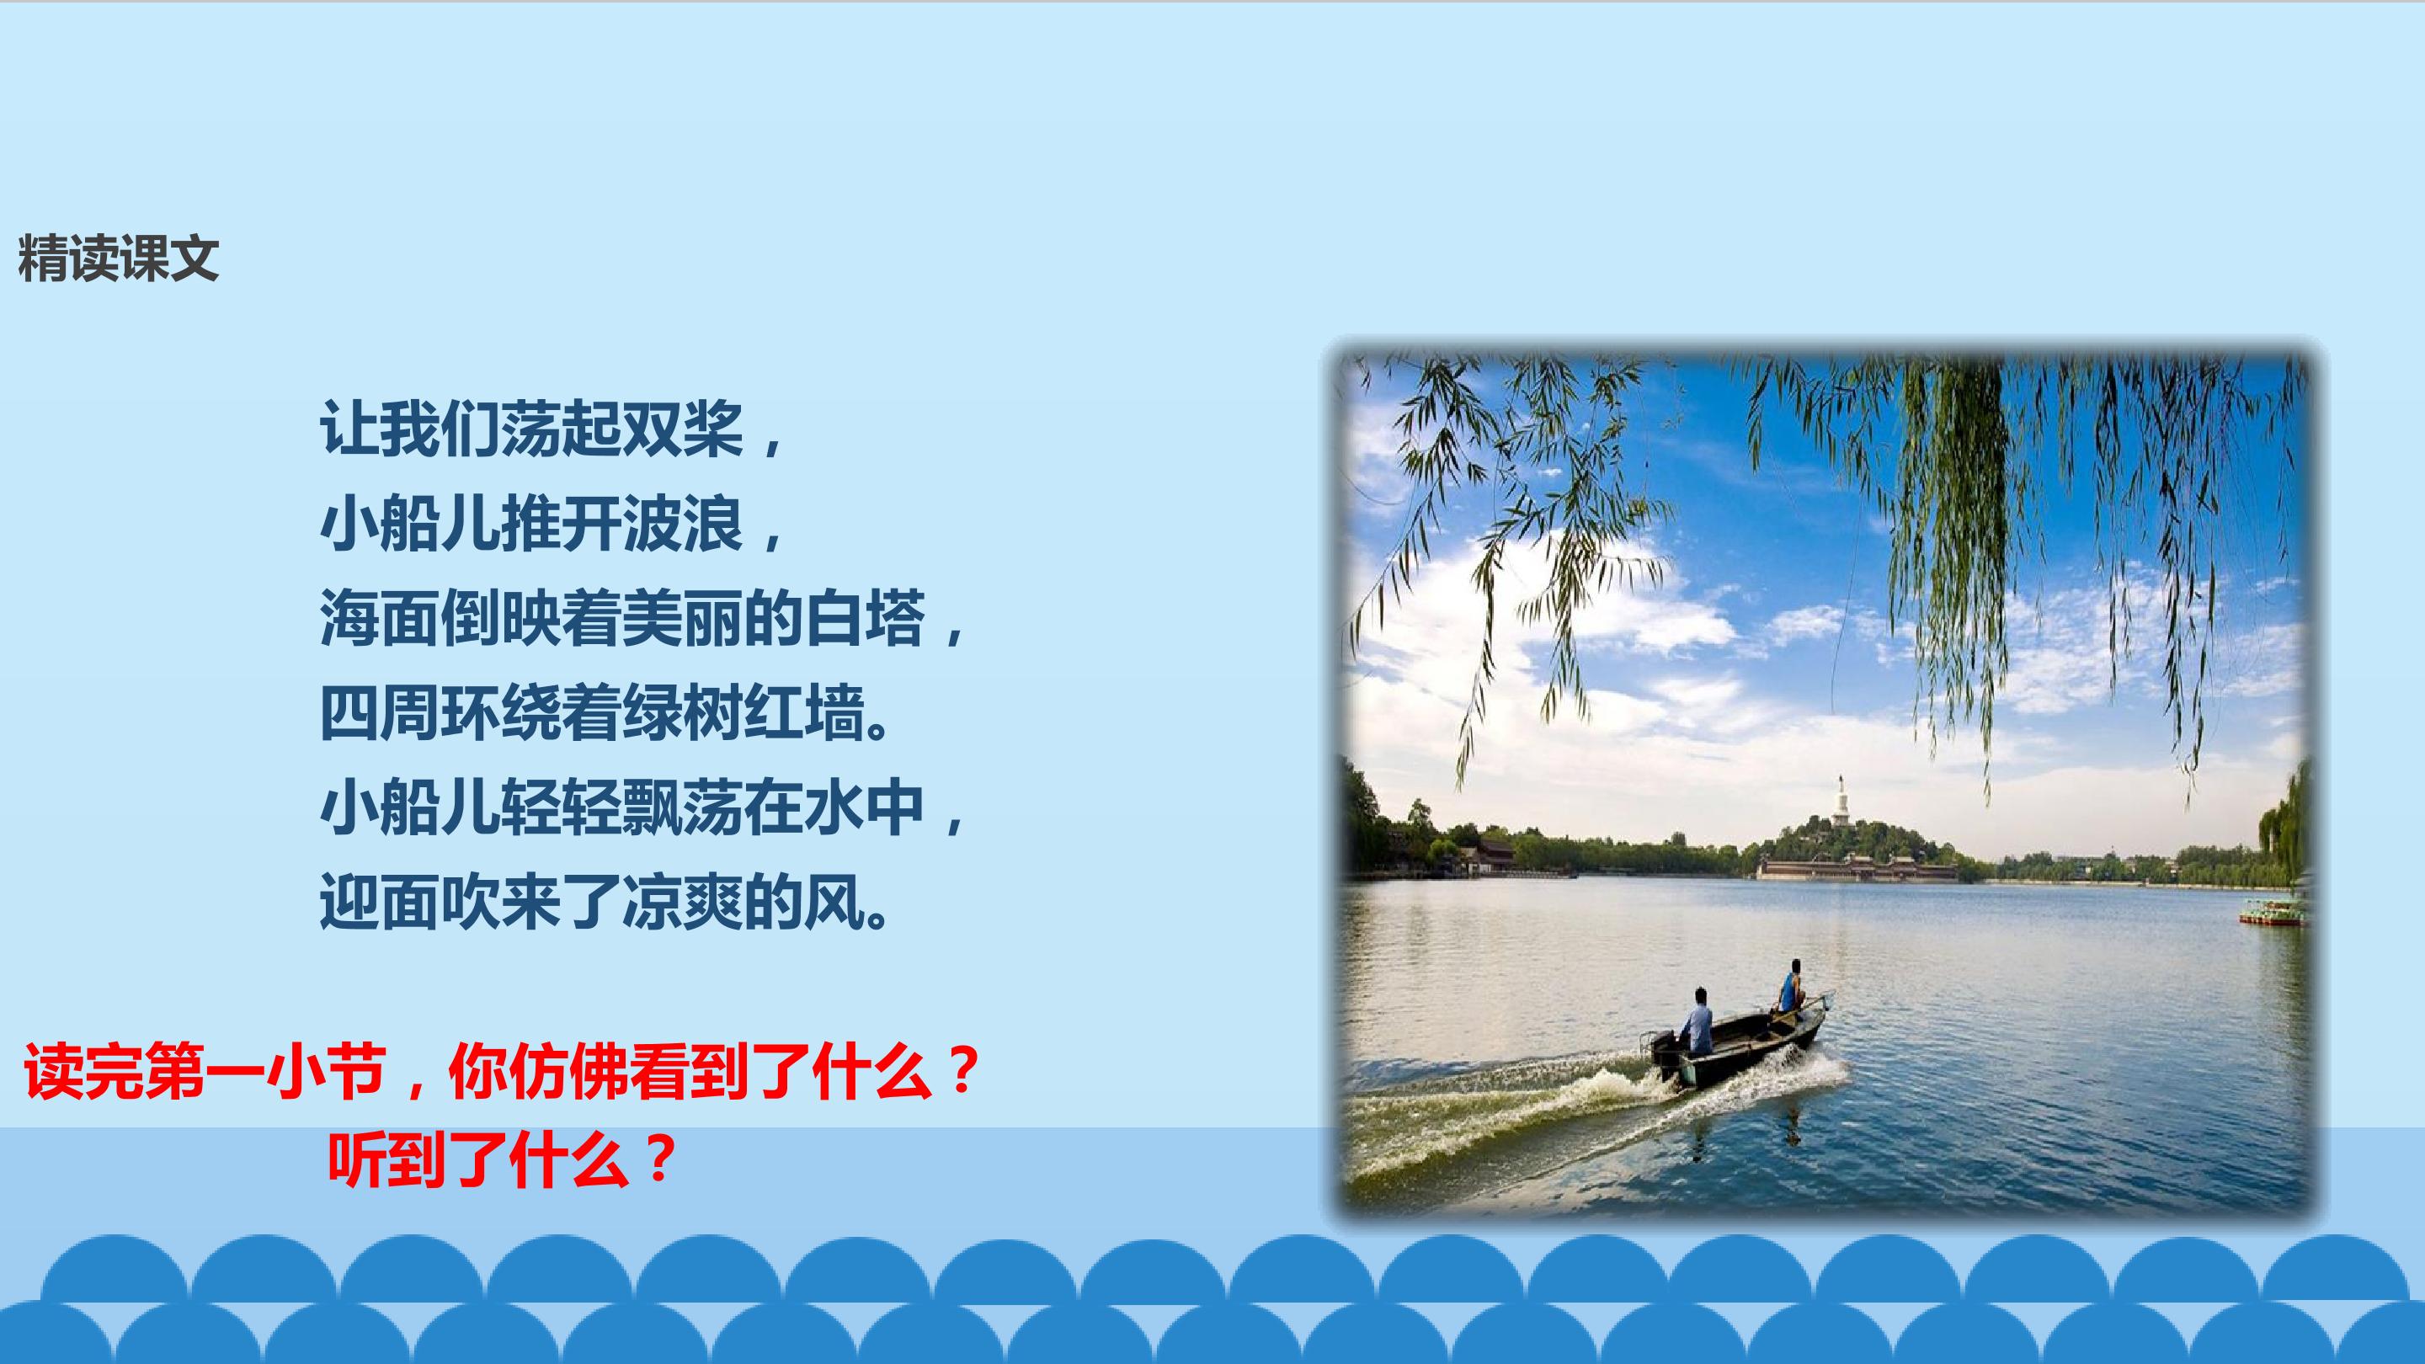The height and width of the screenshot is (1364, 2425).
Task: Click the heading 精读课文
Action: [x=119, y=258]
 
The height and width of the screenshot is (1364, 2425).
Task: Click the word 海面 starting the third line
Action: [x=380, y=619]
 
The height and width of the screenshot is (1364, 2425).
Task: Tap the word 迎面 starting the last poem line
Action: [x=380, y=903]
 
